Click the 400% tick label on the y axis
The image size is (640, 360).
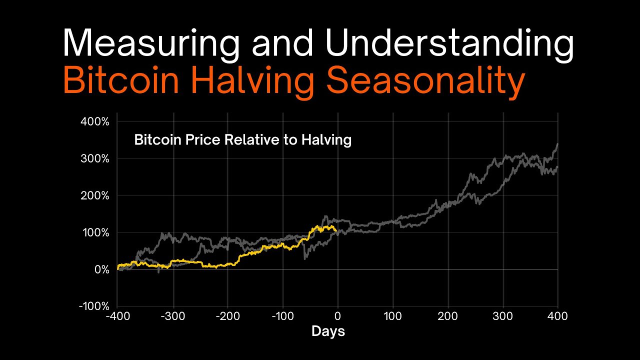point(94,121)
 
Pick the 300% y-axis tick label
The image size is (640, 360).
point(94,158)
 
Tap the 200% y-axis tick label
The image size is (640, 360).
point(94,195)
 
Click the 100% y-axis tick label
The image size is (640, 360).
point(94,232)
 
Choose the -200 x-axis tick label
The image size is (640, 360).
point(227,316)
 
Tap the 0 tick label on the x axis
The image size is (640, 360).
point(338,316)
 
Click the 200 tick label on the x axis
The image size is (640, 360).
point(448,316)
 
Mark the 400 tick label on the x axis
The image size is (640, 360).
point(558,316)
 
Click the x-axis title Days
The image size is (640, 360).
point(328,331)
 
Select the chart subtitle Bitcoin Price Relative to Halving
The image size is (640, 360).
point(242,140)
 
